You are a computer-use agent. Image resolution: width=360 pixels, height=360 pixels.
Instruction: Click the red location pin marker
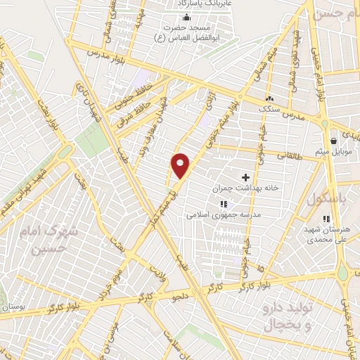click(x=181, y=165)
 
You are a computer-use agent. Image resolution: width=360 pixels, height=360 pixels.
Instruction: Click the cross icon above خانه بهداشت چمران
click(x=245, y=177)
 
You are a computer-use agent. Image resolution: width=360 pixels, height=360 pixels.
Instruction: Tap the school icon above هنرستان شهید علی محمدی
click(x=328, y=219)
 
